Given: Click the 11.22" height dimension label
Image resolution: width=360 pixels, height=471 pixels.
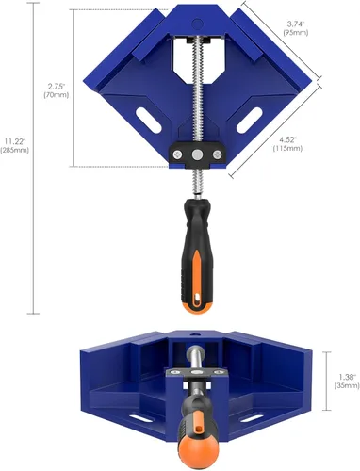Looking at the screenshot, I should point(15,140).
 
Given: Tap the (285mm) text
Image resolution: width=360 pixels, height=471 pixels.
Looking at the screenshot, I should point(15,151).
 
